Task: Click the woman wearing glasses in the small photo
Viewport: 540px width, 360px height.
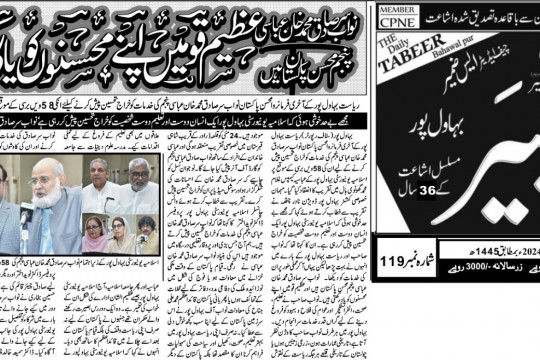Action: click(x=119, y=236)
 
